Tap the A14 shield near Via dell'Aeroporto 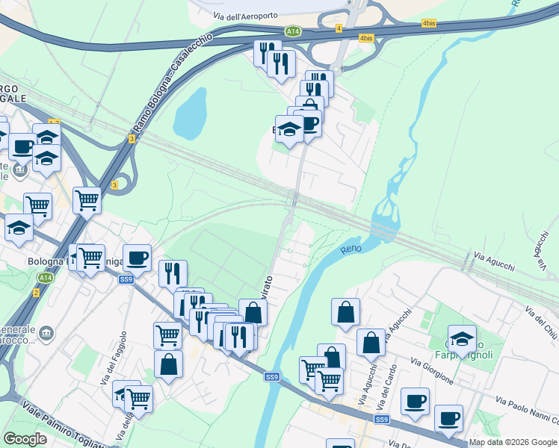coord(294,31)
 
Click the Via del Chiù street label coord(540,322)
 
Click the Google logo coord(25,439)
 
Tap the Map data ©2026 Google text coord(513,442)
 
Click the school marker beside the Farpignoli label coord(462,338)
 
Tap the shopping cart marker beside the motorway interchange coord(87,200)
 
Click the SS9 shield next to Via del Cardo coord(382,420)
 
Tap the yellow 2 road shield coord(35,292)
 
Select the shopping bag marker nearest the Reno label coord(345,313)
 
